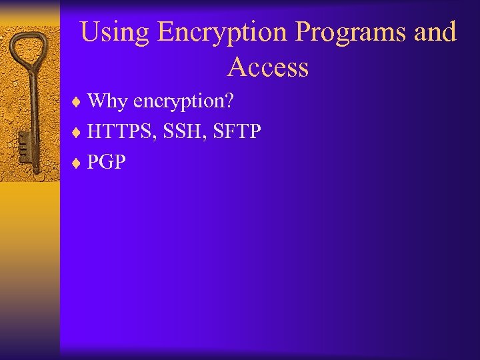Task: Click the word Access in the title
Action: click(x=268, y=67)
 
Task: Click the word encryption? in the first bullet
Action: click(x=183, y=102)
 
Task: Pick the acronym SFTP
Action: click(x=238, y=132)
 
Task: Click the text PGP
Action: click(x=106, y=162)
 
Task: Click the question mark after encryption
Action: click(x=229, y=101)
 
